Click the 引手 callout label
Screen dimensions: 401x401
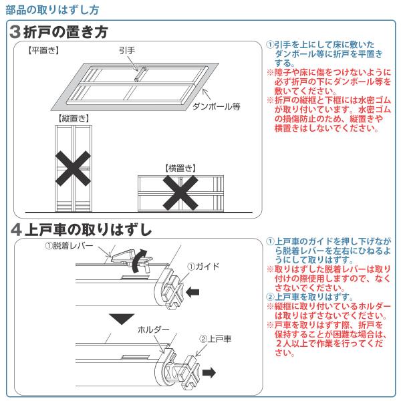coord(126,51)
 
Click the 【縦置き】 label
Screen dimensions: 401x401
coord(74,118)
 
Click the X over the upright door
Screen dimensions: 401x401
coord(74,166)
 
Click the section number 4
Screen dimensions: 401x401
coord(16,229)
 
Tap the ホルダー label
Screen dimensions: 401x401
coord(153,330)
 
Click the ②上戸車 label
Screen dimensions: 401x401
coord(215,340)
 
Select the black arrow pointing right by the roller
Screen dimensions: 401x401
coord(209,372)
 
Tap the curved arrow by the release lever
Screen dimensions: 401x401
coord(139,261)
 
